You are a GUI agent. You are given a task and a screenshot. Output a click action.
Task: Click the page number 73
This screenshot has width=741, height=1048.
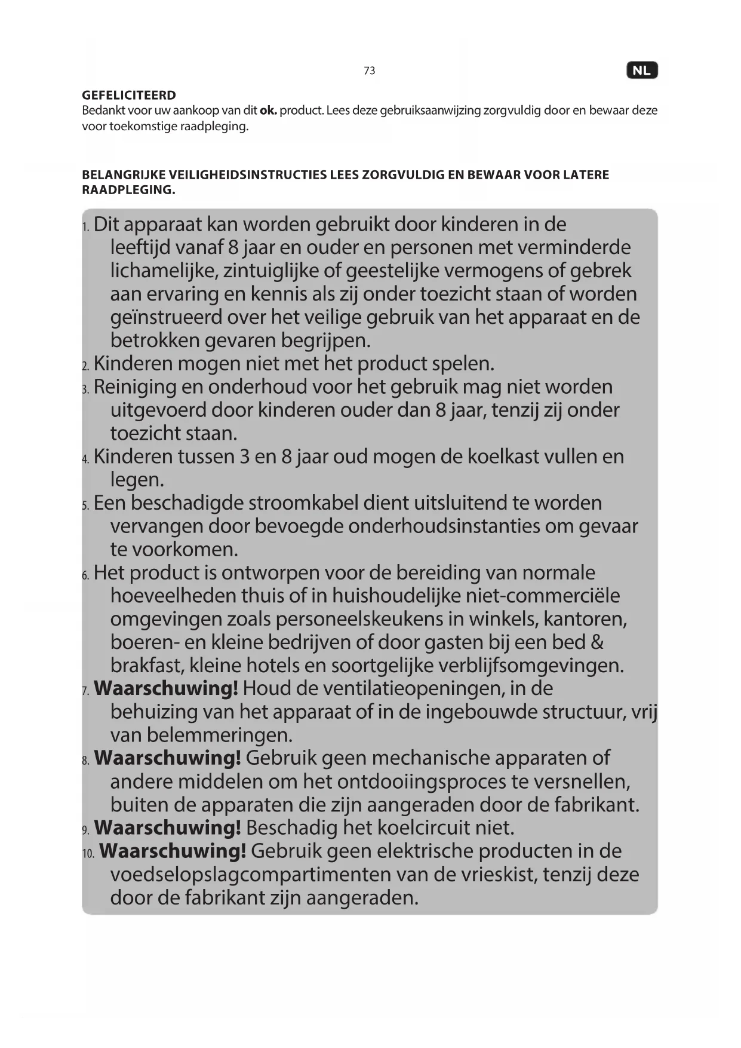tap(369, 71)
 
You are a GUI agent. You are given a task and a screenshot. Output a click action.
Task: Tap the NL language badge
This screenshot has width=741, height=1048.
tap(641, 71)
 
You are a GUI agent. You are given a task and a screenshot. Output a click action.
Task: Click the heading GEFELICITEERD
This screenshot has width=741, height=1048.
tap(129, 95)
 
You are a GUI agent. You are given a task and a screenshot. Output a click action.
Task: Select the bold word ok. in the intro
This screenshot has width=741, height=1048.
tap(268, 111)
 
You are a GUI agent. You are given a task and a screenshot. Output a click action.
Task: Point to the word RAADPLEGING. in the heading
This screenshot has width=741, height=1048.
tap(128, 190)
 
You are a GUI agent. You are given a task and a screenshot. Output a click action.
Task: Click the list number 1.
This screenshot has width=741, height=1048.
tap(85, 226)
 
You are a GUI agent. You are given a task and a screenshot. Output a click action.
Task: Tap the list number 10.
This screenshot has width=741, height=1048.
tap(88, 853)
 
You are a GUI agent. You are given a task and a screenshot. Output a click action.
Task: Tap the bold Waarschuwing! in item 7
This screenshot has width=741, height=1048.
tap(166, 688)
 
